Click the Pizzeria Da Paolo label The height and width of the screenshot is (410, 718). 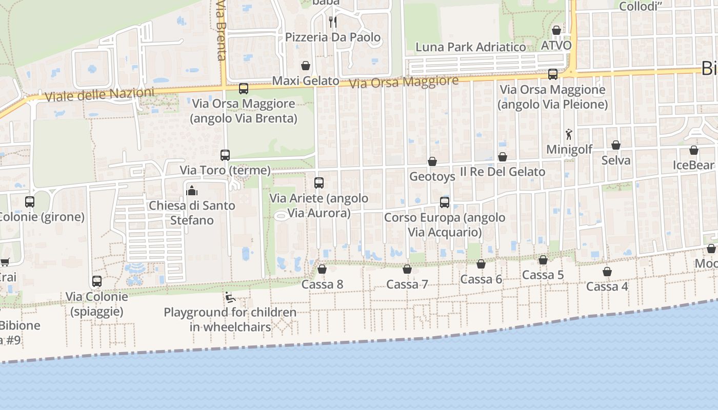pos(333,37)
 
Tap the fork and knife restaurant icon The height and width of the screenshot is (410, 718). pos(333,22)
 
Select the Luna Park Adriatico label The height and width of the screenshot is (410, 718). pos(470,47)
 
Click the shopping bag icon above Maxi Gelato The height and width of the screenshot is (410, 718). pos(306,66)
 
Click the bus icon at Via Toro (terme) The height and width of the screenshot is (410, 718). pos(225,155)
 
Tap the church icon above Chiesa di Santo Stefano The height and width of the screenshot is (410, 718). pos(192,191)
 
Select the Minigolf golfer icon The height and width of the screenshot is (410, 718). pos(569,134)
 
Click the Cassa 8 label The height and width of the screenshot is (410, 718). pos(322,284)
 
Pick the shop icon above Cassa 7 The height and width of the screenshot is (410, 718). pos(407,269)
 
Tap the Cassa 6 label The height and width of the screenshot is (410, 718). pos(481,279)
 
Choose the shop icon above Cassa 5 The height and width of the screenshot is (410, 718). pos(543,260)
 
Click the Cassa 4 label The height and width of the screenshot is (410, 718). pos(607,286)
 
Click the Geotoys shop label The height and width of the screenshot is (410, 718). pos(432,177)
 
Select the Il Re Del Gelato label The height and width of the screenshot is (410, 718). pos(502,172)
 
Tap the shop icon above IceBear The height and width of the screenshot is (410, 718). pos(693,150)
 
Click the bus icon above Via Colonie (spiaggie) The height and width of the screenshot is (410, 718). pos(97,281)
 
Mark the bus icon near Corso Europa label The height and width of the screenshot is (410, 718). pos(444,202)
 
